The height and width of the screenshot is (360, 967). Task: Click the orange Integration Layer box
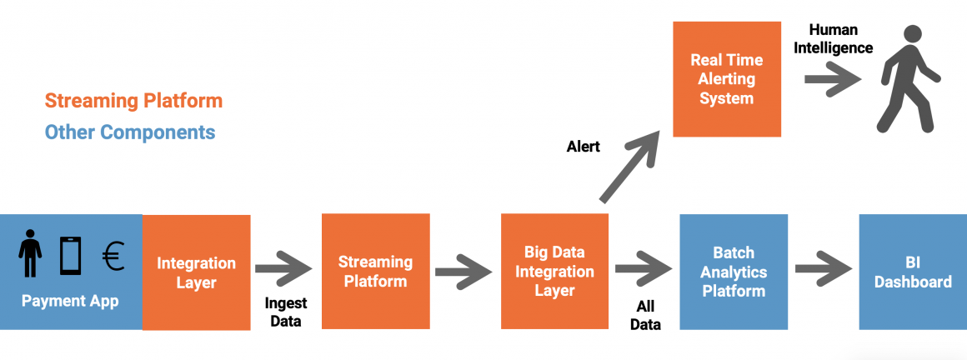197,272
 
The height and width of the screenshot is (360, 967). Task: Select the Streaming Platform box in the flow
375,272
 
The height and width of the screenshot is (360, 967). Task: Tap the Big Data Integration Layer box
554,272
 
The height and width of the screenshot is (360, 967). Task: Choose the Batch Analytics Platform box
734,272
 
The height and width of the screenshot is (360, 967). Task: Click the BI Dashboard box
913,272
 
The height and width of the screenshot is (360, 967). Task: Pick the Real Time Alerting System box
727,79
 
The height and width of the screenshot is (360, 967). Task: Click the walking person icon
907,79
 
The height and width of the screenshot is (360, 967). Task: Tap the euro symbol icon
113,257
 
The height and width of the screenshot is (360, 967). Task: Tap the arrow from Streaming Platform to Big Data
463,270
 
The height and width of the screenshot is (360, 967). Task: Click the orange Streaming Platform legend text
133,101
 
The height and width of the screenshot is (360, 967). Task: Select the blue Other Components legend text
130,132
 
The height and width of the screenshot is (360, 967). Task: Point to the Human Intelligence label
833,38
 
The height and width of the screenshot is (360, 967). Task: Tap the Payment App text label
70,301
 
